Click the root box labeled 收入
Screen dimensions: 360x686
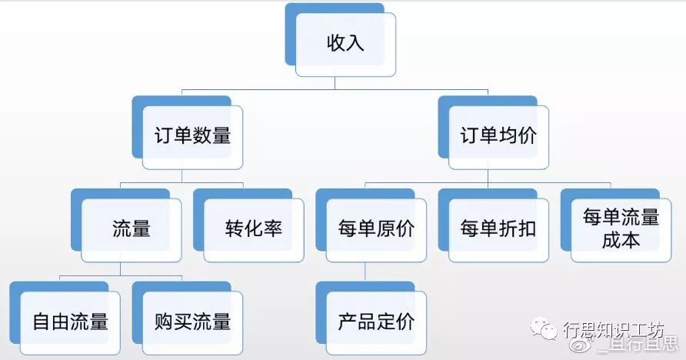(345, 43)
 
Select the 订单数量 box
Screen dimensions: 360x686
(192, 137)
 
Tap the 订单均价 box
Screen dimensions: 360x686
(499, 137)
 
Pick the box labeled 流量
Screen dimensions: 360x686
(131, 229)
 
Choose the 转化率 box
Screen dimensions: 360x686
(254, 229)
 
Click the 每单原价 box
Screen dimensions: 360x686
(376, 229)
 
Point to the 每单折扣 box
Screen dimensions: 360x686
(498, 229)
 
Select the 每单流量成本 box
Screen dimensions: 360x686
(621, 228)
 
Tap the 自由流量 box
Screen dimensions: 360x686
(70, 321)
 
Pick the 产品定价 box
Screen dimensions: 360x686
(376, 321)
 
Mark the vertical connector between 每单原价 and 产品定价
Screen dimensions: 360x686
(365, 272)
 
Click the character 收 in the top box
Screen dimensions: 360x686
(335, 43)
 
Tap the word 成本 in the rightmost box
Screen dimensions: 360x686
(621, 239)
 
